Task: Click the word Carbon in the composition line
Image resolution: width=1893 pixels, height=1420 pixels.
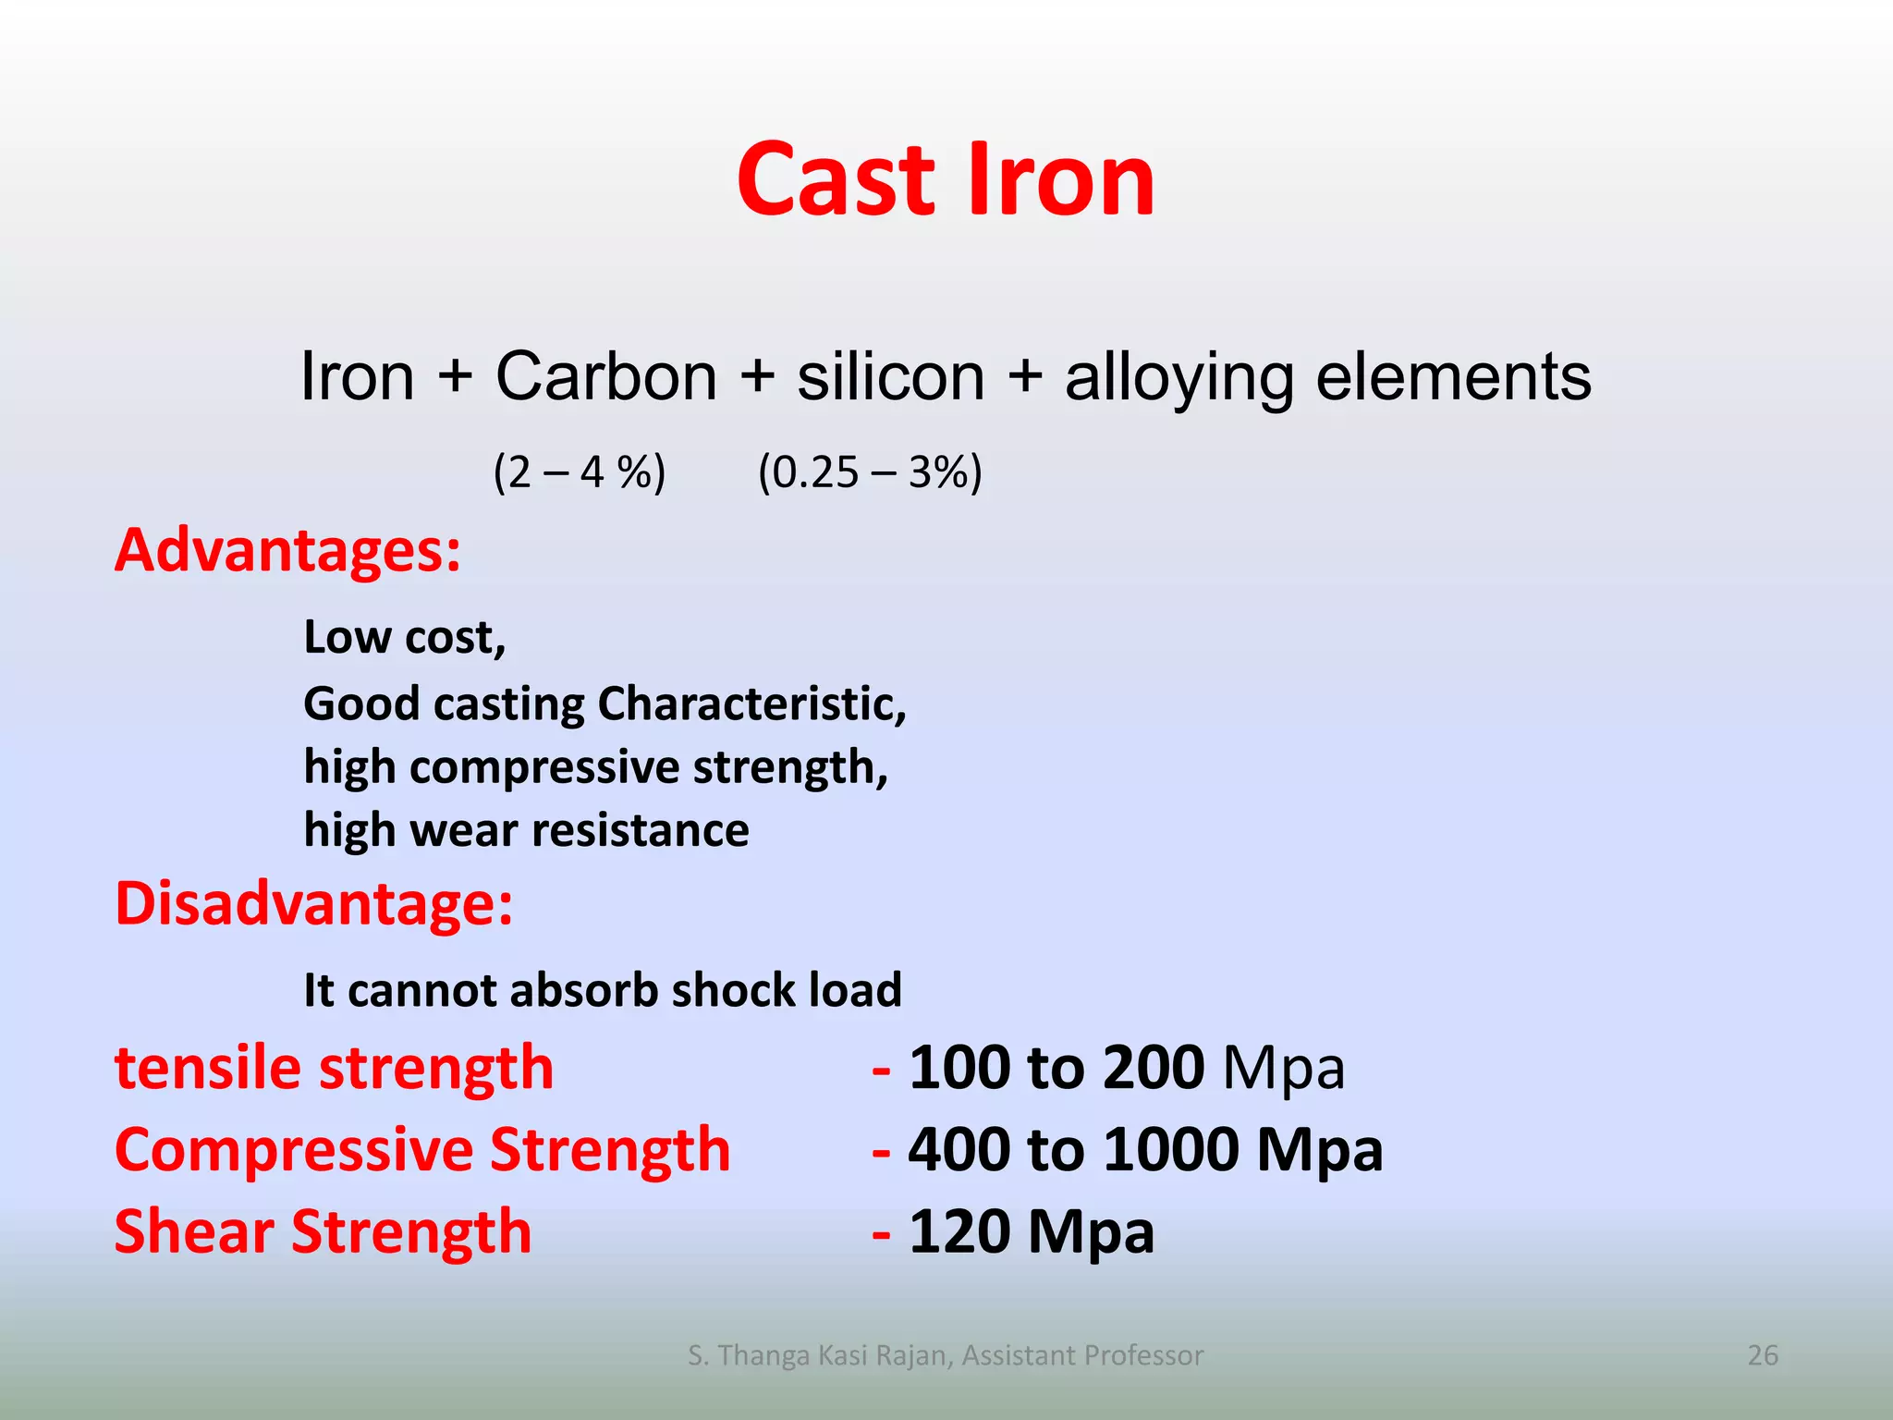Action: tap(606, 377)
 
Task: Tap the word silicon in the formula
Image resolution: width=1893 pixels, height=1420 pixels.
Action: tap(891, 377)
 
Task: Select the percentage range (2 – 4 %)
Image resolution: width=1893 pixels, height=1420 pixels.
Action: tap(580, 472)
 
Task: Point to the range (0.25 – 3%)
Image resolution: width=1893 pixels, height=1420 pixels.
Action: tap(870, 472)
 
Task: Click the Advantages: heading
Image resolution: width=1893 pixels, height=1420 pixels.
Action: tap(287, 551)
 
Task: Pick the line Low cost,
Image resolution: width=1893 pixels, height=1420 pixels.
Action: tap(405, 637)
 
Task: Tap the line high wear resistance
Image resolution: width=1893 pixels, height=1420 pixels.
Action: tap(526, 830)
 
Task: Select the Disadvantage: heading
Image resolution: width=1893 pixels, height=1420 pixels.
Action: tap(313, 903)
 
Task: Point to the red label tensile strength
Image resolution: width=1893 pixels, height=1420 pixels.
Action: tap(334, 1068)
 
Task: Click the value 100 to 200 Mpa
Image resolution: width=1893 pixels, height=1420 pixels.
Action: tap(1126, 1068)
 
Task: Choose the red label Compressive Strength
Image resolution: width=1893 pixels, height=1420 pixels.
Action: tap(422, 1150)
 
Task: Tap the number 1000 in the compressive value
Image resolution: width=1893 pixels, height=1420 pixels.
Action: tap(1171, 1150)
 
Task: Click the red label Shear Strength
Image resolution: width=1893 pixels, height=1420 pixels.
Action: tap(323, 1232)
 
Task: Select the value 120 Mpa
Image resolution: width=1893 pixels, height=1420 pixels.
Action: tap(1032, 1232)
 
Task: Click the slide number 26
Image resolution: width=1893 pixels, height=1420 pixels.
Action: tap(1763, 1355)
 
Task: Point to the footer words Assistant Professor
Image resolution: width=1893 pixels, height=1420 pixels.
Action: tap(1082, 1355)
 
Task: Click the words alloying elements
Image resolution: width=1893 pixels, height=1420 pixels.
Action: tap(1327, 377)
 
